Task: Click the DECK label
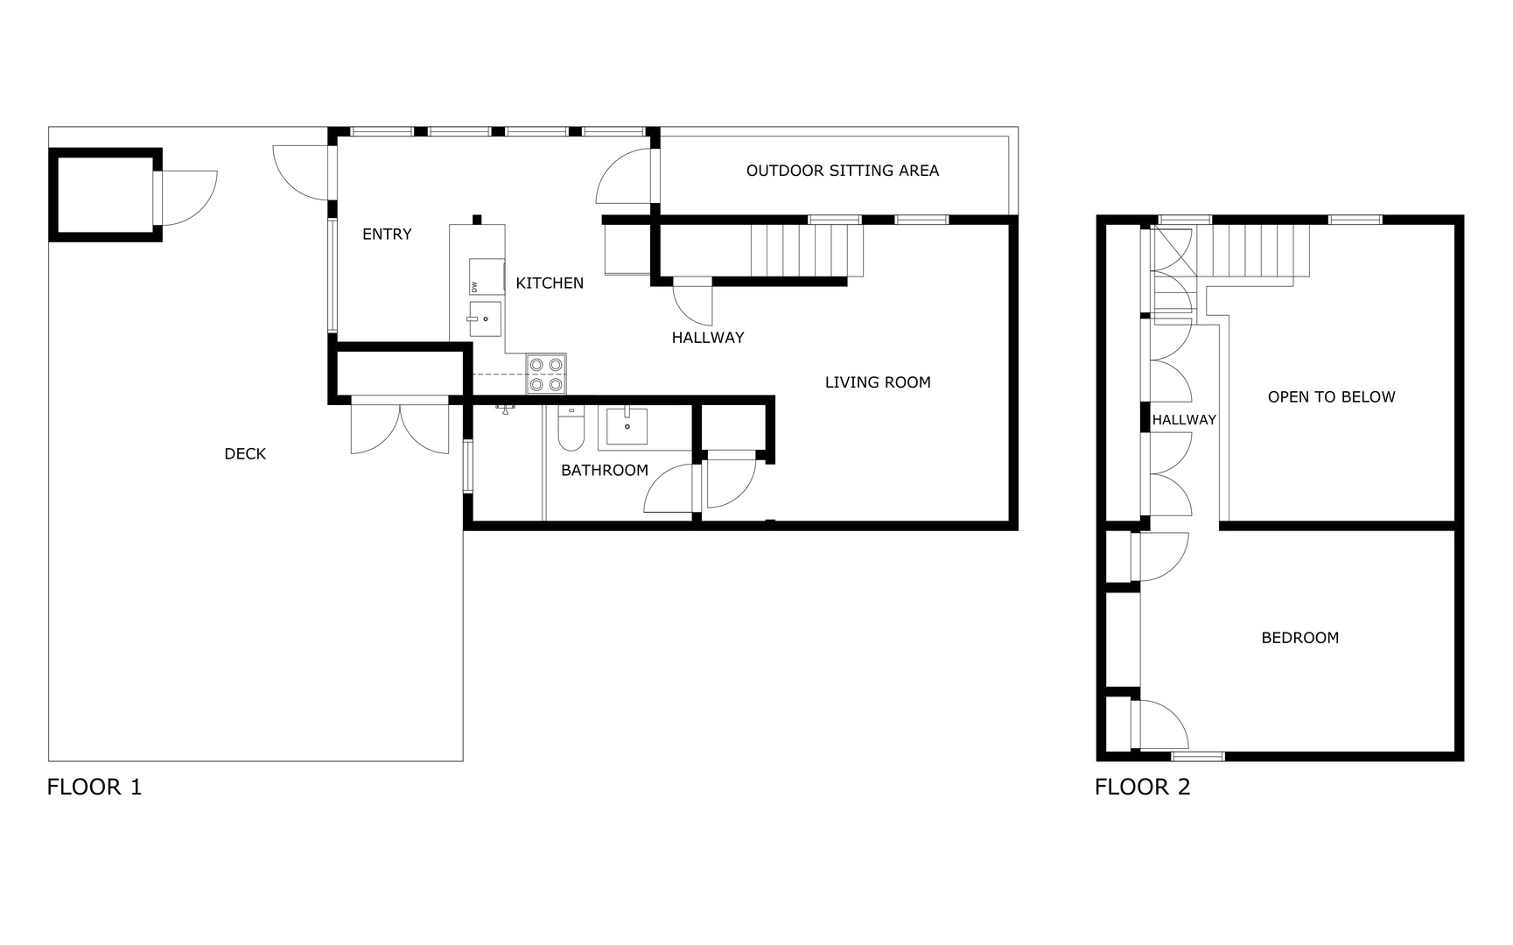pos(245,453)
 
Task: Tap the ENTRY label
pos(387,234)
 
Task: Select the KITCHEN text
pos(550,283)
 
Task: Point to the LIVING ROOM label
pos(878,381)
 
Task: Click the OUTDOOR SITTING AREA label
pos(843,171)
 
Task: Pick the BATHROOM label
pos(605,470)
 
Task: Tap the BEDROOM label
pos(1300,638)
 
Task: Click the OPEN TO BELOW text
pos(1332,396)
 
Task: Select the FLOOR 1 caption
pos(95,787)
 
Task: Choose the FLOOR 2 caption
pos(1143,787)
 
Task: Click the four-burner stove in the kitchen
pos(546,374)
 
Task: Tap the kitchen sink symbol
pos(486,318)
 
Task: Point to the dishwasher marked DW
pos(487,276)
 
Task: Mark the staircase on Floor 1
pos(807,250)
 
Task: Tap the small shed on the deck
pos(105,194)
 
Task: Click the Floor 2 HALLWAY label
pos(1184,420)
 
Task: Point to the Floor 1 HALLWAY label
pos(708,337)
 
